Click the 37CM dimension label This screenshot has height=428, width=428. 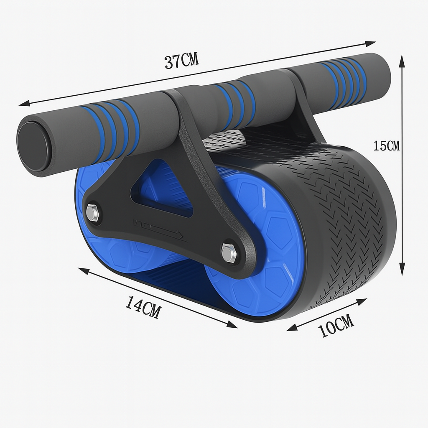(181, 61)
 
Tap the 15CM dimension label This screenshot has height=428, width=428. (386, 146)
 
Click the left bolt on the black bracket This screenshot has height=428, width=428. (92, 213)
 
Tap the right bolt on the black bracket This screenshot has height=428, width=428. (229, 253)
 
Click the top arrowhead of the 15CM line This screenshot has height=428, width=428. (402, 61)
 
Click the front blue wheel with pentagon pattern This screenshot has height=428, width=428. (259, 247)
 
